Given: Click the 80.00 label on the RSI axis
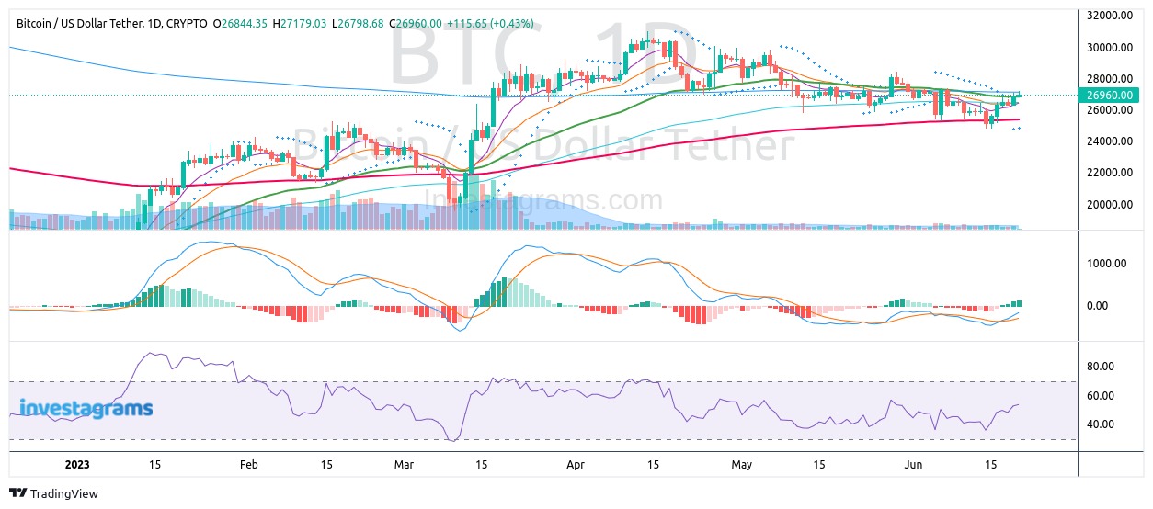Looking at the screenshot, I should point(1100,367).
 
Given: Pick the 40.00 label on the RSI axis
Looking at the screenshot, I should point(1100,424).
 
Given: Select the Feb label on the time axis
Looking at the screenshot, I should point(248,465).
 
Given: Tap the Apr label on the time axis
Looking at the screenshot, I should point(576,465).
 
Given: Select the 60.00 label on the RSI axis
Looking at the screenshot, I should point(1100,396).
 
